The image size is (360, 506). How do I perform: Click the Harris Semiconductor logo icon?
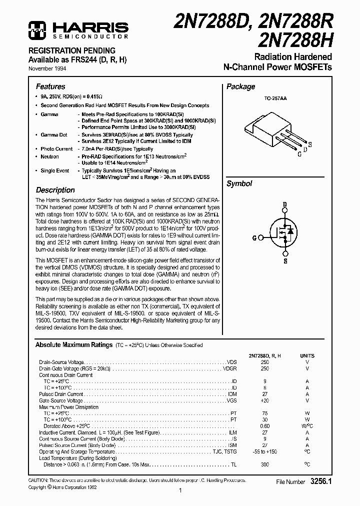click(36, 30)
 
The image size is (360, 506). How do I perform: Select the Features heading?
click(50, 86)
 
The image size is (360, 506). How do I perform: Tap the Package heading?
click(240, 86)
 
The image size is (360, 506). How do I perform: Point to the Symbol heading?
click(239, 183)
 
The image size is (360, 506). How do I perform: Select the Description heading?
click(55, 190)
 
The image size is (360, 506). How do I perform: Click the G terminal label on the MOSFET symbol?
click(254, 238)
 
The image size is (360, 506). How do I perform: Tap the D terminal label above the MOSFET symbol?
click(285, 205)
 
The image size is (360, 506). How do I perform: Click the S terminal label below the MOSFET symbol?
click(284, 261)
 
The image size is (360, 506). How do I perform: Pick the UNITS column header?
click(307, 355)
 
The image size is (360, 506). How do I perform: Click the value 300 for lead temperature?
click(264, 464)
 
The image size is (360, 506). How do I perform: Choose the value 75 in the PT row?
click(264, 413)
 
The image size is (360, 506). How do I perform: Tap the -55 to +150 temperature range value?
click(264, 451)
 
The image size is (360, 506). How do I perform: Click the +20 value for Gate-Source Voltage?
click(264, 400)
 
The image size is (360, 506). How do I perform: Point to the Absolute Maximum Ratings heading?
click(73, 345)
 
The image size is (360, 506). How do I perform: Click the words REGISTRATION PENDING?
click(75, 50)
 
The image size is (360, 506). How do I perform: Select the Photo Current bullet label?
click(56, 149)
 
